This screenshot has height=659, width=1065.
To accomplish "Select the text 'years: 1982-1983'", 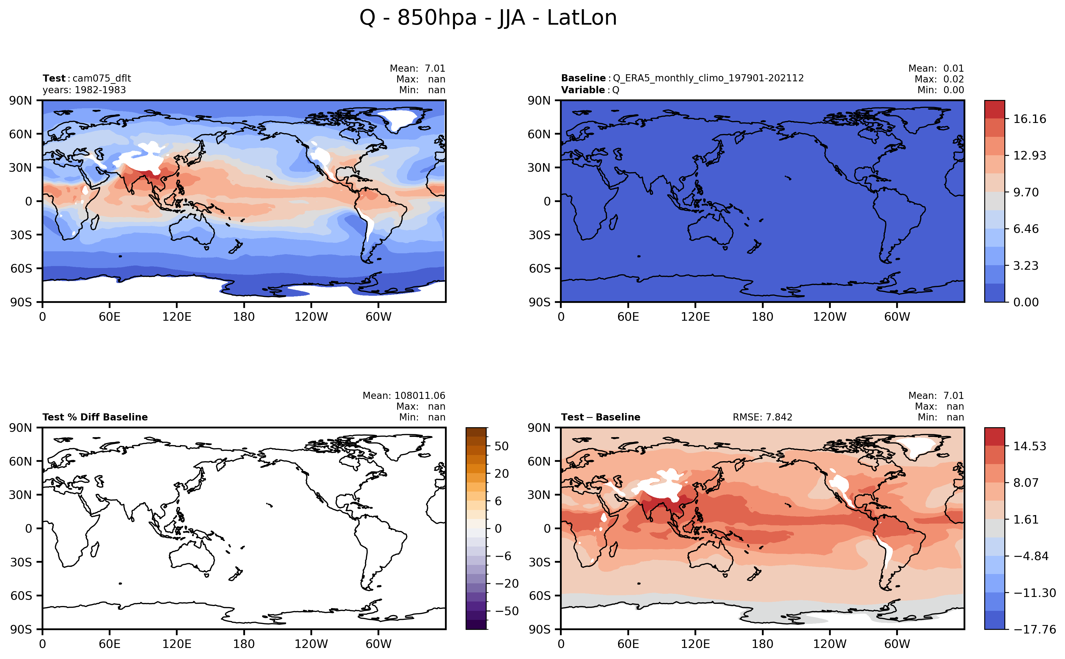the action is [x=84, y=90].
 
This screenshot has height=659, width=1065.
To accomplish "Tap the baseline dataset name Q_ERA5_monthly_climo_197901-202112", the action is [x=708, y=78].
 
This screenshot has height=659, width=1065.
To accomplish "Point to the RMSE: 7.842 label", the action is [x=762, y=417].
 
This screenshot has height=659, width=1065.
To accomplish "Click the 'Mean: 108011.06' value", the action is [x=404, y=396].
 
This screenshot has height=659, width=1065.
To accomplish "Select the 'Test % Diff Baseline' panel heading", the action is [x=95, y=417].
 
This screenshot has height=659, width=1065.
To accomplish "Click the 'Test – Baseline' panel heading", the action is [x=600, y=417].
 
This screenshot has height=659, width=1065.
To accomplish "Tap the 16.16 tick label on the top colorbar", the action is [x=1029, y=119].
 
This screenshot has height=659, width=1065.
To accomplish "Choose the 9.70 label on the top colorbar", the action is [x=1026, y=192].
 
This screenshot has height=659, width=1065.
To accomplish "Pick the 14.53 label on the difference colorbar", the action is [x=1029, y=446].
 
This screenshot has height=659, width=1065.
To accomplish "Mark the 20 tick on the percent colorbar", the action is [x=502, y=474].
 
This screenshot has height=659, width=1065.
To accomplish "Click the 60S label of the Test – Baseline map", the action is [x=540, y=596].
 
